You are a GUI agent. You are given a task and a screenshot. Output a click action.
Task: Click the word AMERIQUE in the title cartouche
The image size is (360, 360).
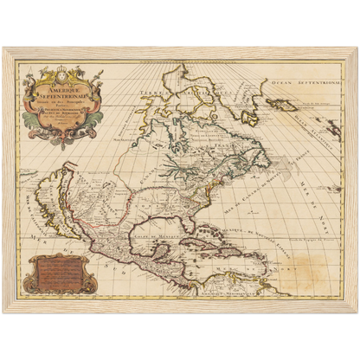62,83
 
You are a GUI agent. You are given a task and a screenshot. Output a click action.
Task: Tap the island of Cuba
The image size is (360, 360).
198,232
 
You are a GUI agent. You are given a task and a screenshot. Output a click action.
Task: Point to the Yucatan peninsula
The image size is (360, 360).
165,244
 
